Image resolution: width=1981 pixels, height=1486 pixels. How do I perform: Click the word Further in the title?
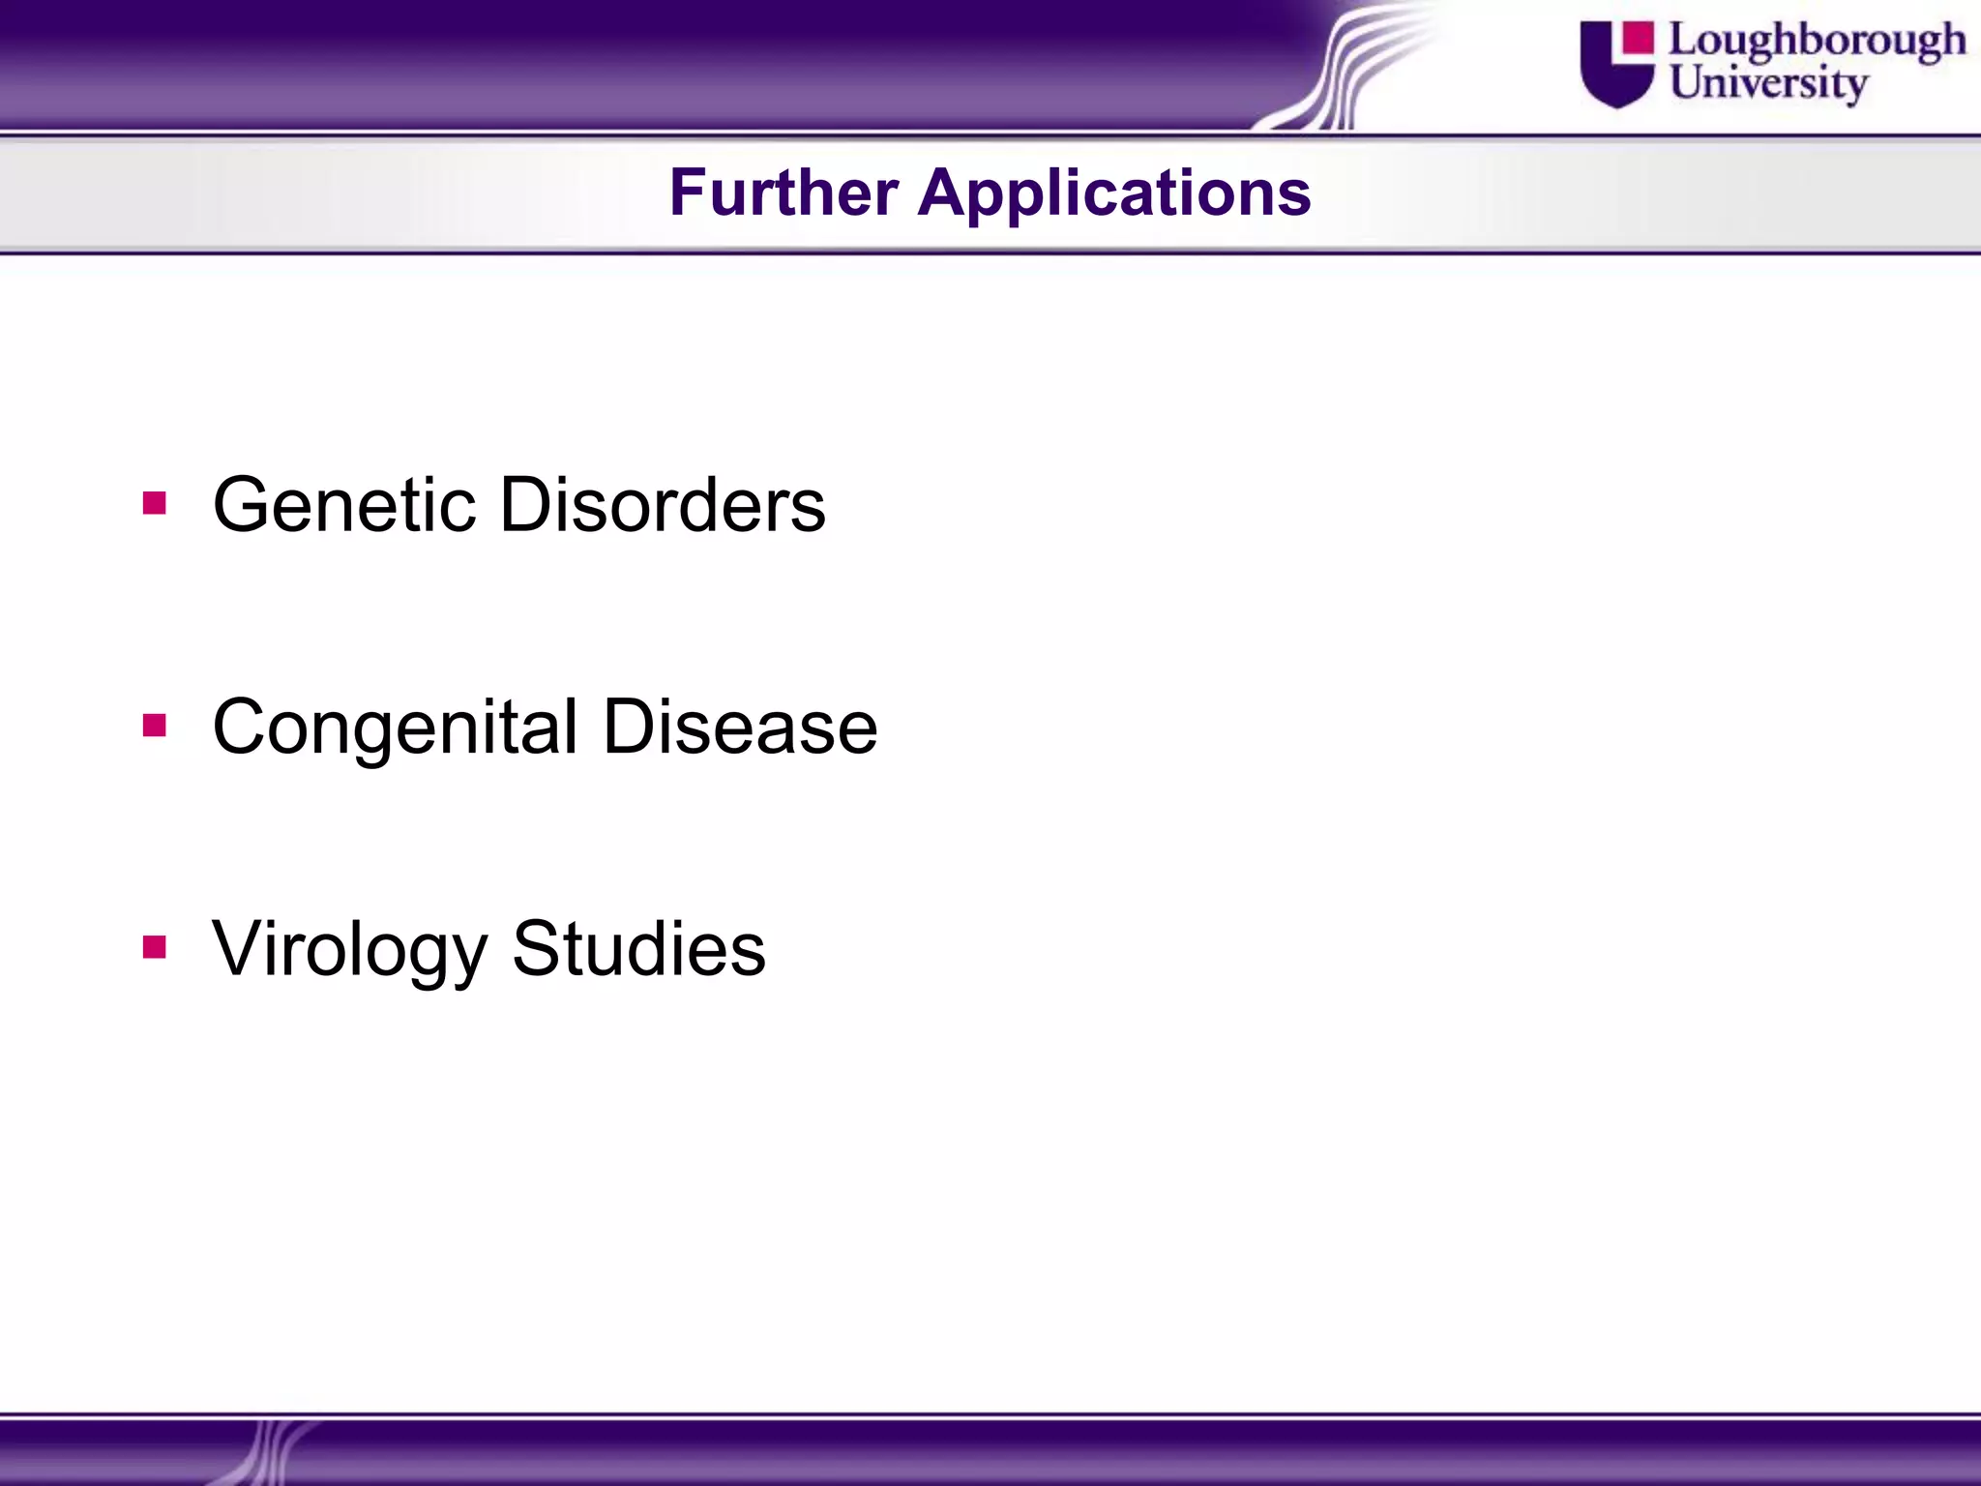tap(784, 193)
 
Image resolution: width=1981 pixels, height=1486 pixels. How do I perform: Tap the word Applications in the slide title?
tap(1114, 193)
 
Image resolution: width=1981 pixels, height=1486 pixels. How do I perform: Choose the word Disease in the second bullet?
tap(740, 727)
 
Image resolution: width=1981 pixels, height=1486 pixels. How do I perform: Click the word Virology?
tap(349, 949)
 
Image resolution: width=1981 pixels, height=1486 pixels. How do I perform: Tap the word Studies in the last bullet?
tap(638, 947)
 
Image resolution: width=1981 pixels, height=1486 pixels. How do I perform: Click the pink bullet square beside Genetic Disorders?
tap(155, 504)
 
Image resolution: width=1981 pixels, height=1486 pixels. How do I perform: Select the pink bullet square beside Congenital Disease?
tap(155, 726)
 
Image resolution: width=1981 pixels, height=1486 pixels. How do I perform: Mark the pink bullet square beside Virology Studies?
tap(155, 947)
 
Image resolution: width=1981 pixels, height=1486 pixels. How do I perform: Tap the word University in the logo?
tap(1767, 83)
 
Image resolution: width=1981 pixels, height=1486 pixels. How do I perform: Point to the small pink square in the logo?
tap(1639, 37)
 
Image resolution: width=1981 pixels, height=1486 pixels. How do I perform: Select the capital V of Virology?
tap(238, 947)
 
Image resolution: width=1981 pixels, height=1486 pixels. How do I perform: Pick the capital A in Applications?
tap(943, 193)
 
